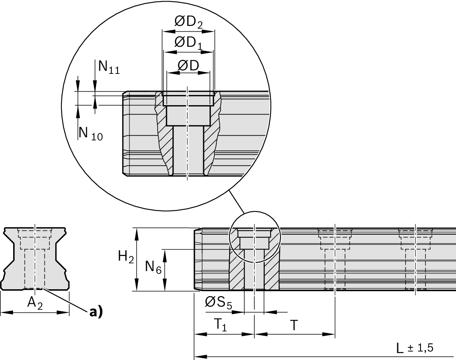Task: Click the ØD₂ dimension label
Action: point(188,22)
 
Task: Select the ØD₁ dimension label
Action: point(188,43)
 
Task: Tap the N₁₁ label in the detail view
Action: point(109,67)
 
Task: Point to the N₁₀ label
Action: point(90,134)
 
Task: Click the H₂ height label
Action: point(126,257)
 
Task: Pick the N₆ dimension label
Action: point(153,267)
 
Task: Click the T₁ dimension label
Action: point(220,326)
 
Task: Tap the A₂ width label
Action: point(35,304)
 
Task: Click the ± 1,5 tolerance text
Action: point(420,348)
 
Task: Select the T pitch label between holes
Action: point(294,325)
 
